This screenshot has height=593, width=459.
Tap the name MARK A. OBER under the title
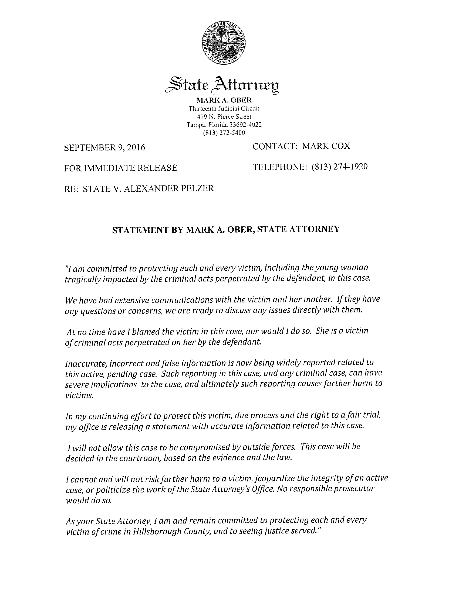pos(224,100)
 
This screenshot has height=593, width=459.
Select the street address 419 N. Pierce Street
pos(224,117)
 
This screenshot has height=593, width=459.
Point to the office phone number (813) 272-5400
pos(224,133)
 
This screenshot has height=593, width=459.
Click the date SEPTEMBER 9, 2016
pos(104,147)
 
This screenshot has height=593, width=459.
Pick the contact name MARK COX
pos(326,146)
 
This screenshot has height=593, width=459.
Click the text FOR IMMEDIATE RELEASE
pos(120,168)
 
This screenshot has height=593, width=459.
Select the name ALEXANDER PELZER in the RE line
pos(168,188)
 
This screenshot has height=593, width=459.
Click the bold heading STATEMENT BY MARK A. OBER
pos(226,229)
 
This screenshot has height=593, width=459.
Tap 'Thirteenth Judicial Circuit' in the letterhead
pos(224,109)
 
